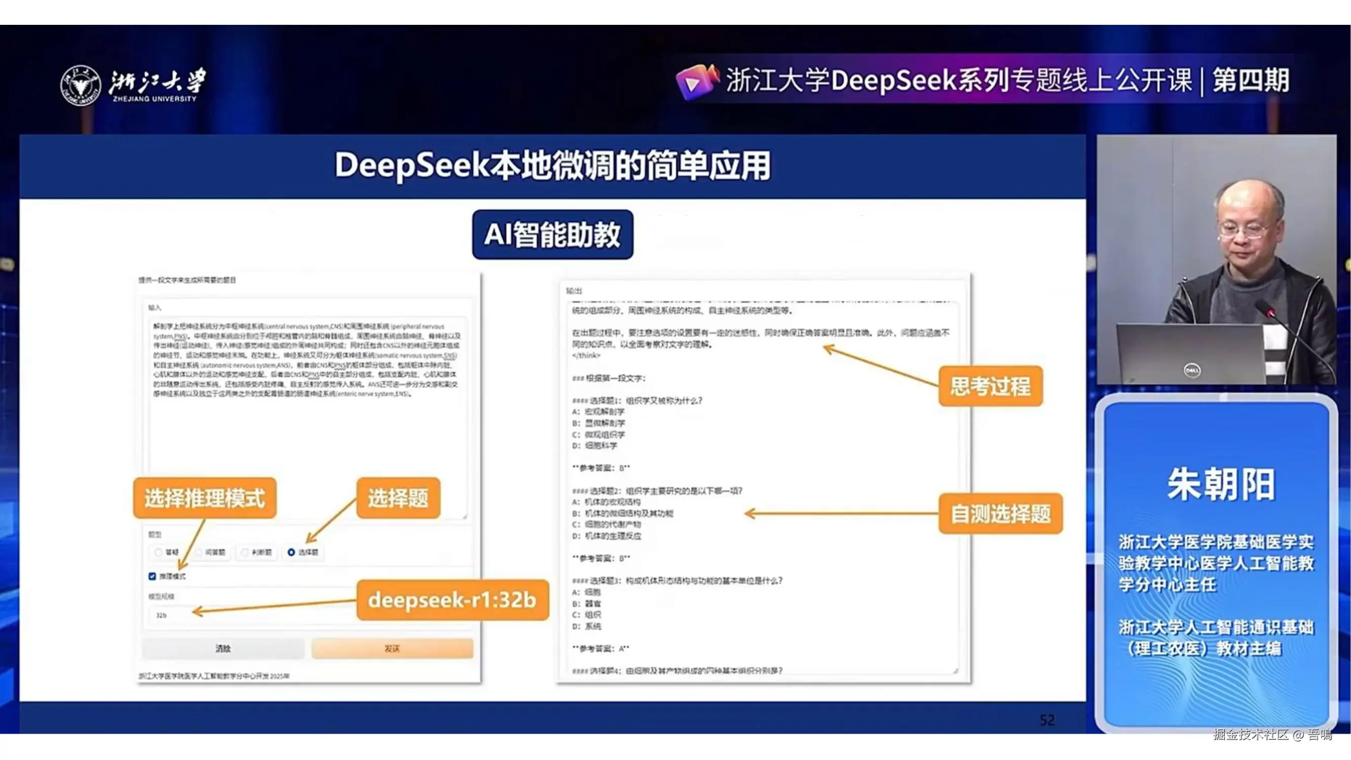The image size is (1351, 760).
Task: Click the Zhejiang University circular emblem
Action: (80, 86)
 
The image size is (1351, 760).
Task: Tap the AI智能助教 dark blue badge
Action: (552, 235)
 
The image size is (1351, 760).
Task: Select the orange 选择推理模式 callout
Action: (205, 498)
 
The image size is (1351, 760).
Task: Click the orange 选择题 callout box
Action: (398, 498)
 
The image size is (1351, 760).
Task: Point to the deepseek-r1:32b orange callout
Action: (452, 600)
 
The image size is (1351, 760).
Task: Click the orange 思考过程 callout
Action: (990, 387)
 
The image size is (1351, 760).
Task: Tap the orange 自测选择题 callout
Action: (1000, 514)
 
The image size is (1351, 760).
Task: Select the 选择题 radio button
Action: (291, 552)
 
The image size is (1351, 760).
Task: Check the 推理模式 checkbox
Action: (153, 577)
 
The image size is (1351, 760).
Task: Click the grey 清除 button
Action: (223, 649)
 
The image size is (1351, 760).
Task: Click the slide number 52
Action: (1047, 720)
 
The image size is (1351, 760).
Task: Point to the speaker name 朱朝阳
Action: (1220, 484)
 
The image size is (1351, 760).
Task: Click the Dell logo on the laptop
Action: (1192, 370)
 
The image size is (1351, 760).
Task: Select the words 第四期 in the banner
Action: (1251, 81)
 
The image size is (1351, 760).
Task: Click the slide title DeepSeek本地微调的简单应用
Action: (552, 166)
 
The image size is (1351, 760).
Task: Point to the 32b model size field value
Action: (162, 615)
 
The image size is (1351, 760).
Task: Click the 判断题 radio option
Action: (245, 552)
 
